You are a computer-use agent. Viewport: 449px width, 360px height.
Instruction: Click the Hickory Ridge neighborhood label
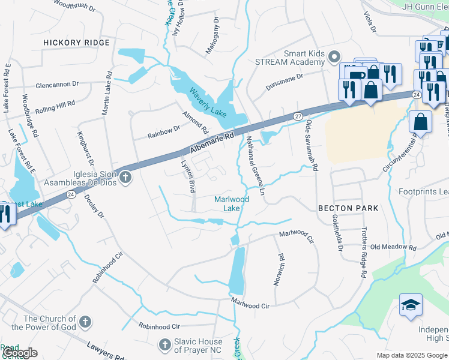[77, 43]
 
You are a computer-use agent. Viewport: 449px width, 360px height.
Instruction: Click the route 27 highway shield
[298, 115]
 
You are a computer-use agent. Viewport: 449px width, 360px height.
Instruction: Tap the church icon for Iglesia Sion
[125, 176]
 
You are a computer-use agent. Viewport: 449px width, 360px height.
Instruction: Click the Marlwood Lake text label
[232, 204]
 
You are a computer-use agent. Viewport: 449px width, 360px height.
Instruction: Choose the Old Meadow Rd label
[393, 247]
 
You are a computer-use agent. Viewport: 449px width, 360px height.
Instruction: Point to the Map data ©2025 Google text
[411, 355]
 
